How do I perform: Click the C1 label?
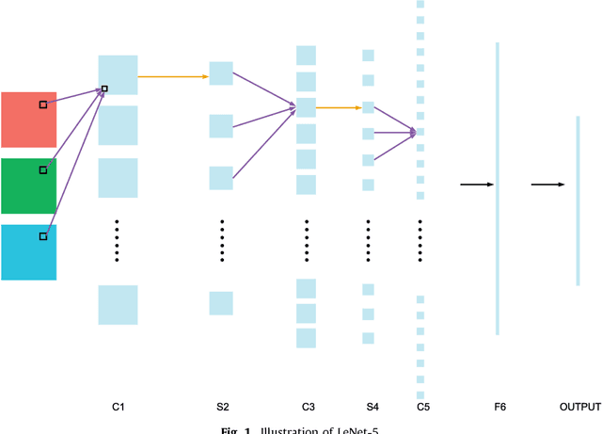pos(119,407)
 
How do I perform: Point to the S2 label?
pos(222,407)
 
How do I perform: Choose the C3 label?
pos(308,407)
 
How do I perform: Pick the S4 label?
pos(372,407)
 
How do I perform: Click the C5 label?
pos(423,407)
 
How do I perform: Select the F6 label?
pos(499,407)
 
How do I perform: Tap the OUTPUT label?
pos(579,407)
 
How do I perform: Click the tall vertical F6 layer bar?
pos(498,188)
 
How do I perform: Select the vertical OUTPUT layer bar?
pos(578,200)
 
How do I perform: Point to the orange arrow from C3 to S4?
pos(339,107)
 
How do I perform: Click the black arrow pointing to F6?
pos(476,185)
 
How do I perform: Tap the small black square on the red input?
pos(42,104)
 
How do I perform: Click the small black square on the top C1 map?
pos(104,89)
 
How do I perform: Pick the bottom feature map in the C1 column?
pos(118,305)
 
